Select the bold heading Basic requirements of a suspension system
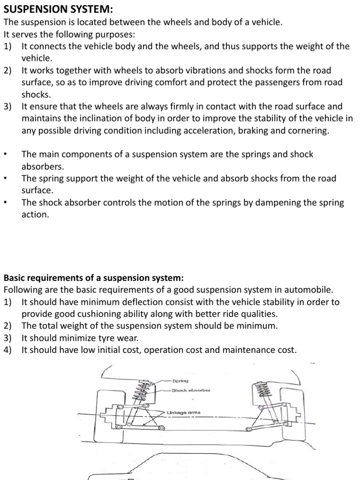click(94, 277)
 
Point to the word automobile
click(303, 290)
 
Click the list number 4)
click(8, 350)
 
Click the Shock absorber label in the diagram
click(191, 390)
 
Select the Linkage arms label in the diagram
click(183, 412)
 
